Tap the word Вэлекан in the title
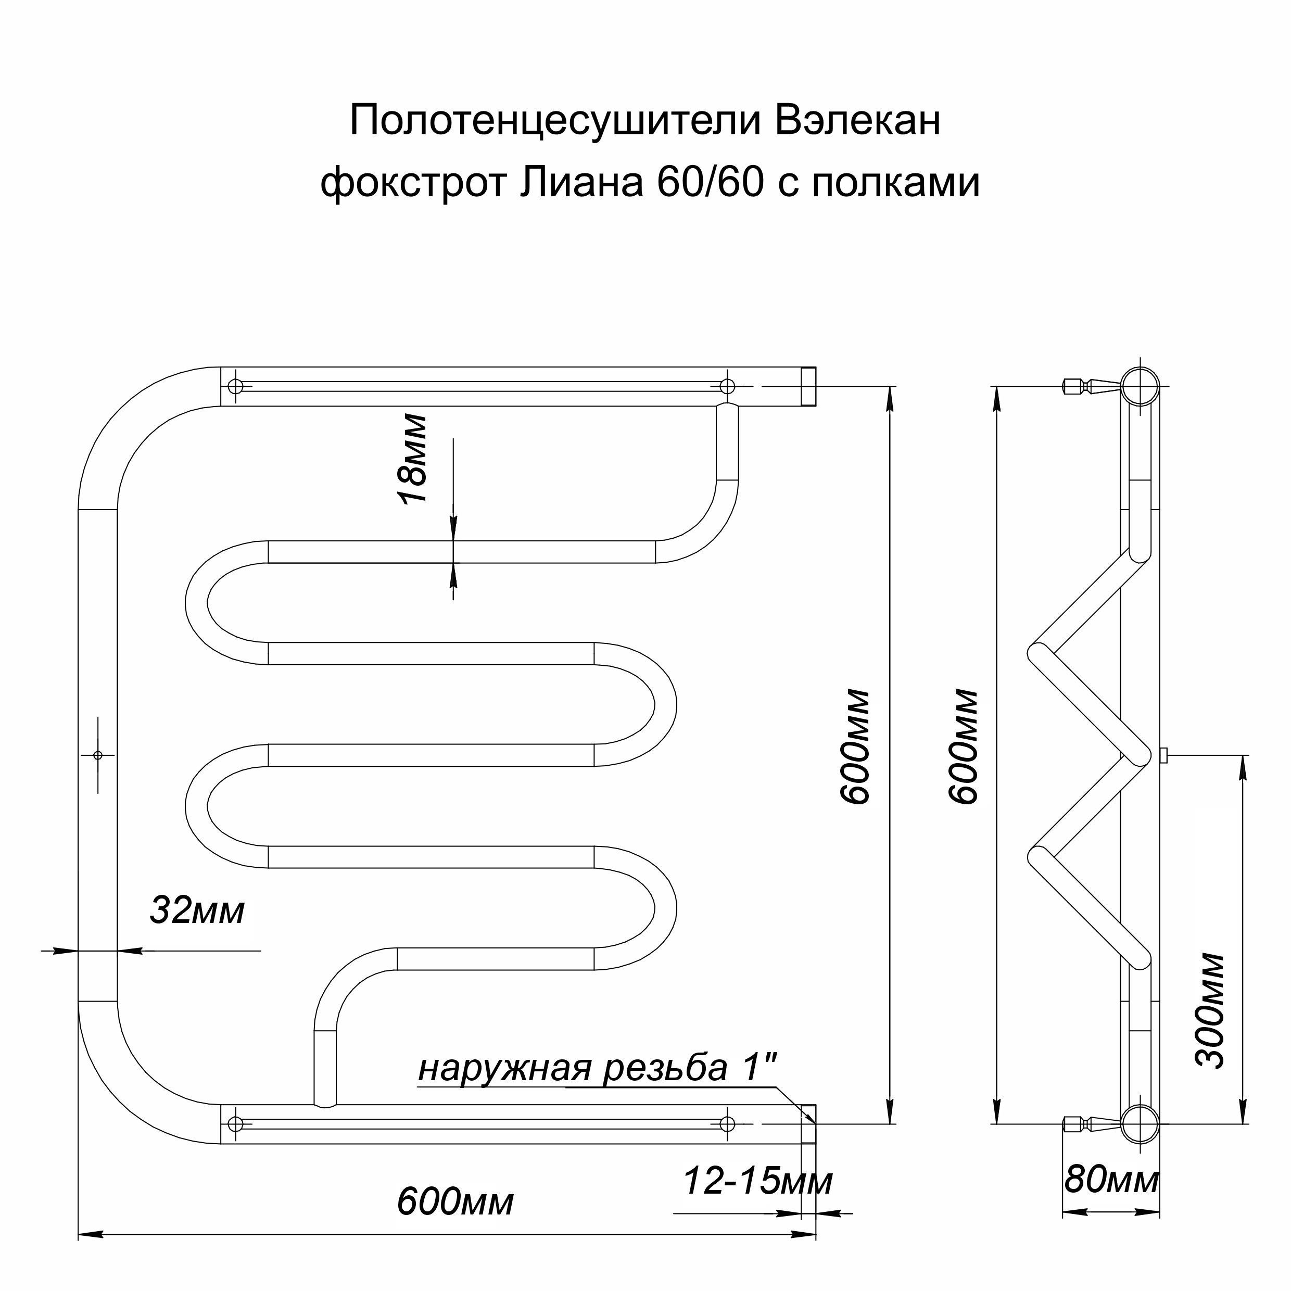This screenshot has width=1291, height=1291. (x=858, y=120)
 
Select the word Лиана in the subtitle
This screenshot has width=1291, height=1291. (x=580, y=182)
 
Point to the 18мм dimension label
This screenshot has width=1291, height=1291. (x=412, y=459)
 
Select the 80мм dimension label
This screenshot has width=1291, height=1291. (x=1111, y=1180)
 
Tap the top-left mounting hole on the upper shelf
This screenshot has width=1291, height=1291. (x=236, y=386)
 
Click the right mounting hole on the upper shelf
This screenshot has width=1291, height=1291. (x=727, y=386)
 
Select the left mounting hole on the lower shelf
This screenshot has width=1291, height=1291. (x=235, y=1124)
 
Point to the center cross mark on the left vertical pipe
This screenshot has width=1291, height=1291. (x=97, y=755)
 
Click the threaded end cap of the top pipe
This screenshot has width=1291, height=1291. (x=808, y=386)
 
